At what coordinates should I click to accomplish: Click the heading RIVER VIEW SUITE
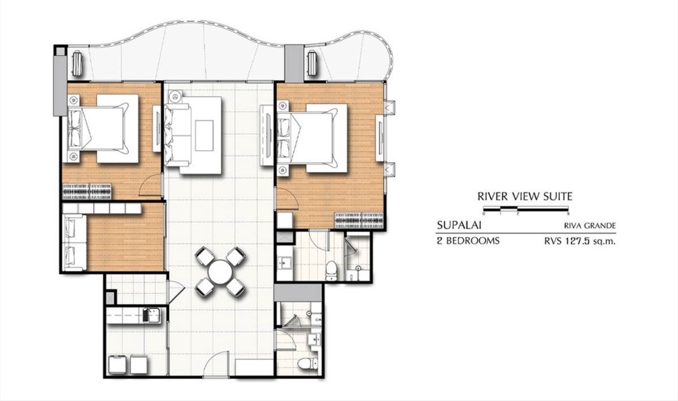pos(525,197)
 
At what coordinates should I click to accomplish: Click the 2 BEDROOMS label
pos(468,241)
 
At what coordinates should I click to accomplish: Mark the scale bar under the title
pos(525,211)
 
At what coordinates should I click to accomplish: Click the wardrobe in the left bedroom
pos(89,191)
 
